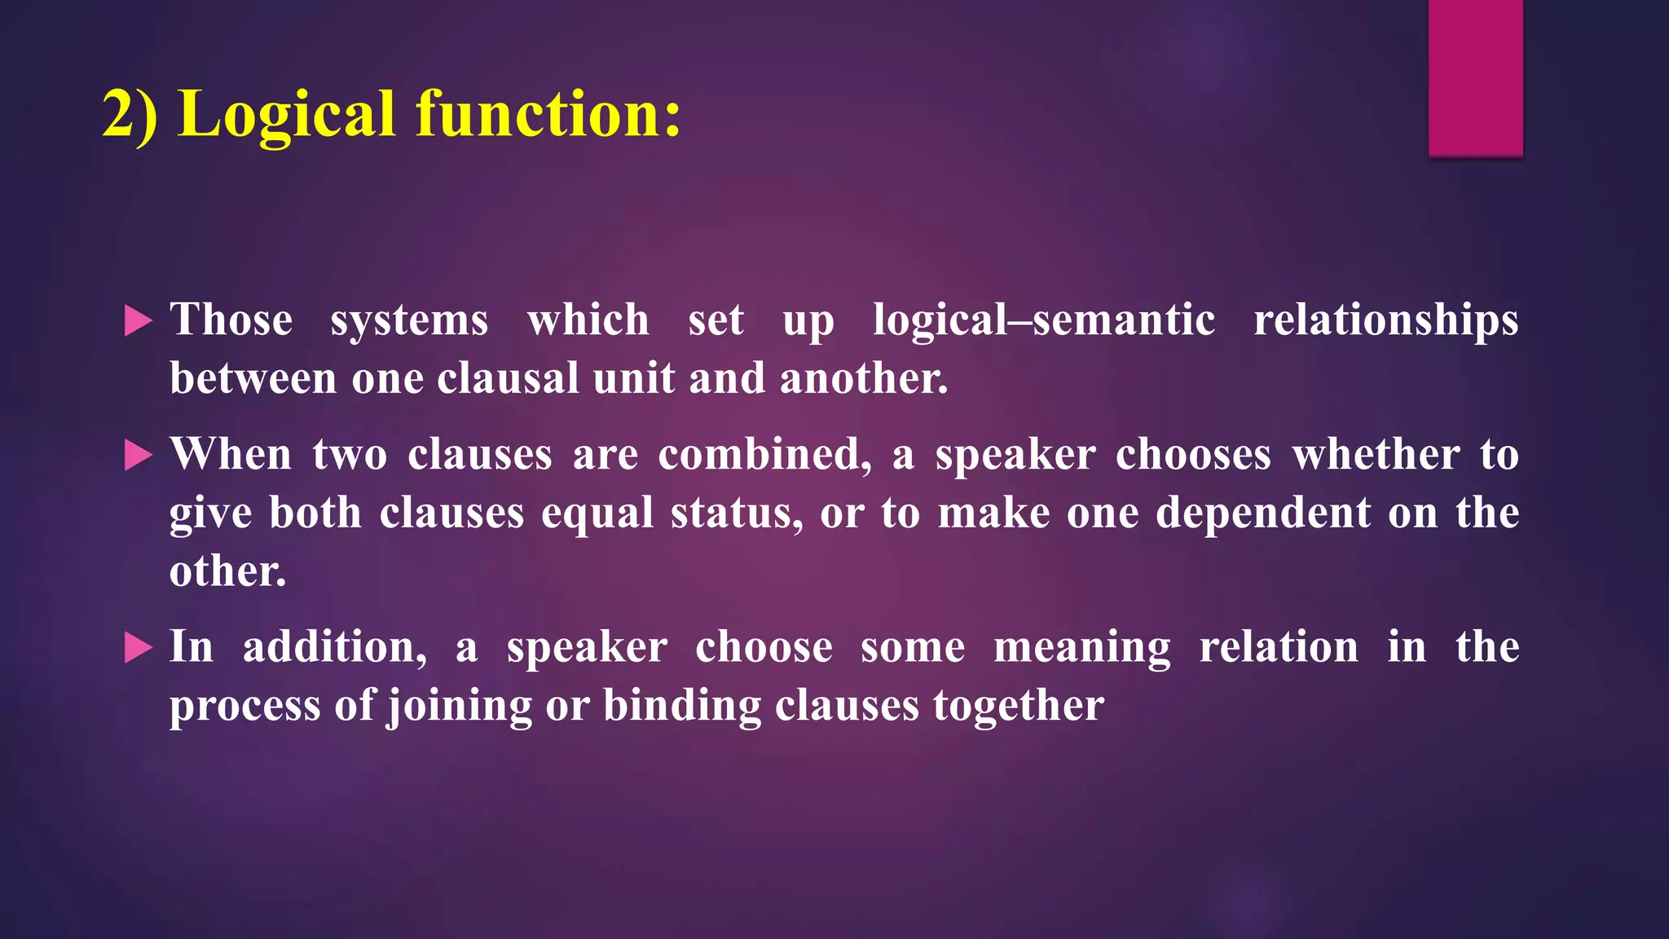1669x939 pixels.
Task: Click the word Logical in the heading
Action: tap(287, 114)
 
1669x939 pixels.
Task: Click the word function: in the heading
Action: tap(548, 114)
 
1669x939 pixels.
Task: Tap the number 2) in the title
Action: tap(130, 114)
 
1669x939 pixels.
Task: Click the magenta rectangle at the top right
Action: tap(1475, 77)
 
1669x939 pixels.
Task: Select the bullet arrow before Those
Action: tap(138, 321)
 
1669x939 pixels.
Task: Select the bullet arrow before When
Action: tap(138, 456)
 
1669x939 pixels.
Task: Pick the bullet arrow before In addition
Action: tap(138, 649)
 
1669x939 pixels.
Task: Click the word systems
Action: tap(409, 320)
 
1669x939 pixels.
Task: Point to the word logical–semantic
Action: tap(1044, 320)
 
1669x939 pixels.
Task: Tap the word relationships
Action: tap(1385, 320)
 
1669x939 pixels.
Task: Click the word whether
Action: tap(1376, 455)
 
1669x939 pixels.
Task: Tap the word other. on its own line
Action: tap(227, 571)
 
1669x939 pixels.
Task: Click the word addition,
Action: tap(335, 647)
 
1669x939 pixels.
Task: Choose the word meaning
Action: tap(1082, 647)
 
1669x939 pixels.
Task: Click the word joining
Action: tap(459, 706)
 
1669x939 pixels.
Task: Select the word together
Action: tap(1019, 706)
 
